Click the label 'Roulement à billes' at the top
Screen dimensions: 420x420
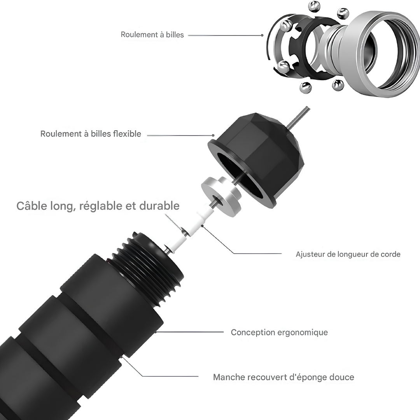[152, 35]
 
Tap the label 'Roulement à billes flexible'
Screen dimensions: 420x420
[91, 134]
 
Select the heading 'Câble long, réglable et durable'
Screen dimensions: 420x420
[98, 206]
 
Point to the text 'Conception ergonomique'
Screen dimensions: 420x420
[279, 332]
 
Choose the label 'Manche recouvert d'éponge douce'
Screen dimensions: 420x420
[283, 377]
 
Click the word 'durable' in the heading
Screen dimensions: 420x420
[160, 206]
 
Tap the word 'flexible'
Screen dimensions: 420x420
[127, 134]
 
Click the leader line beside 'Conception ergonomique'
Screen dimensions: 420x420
[191, 332]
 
